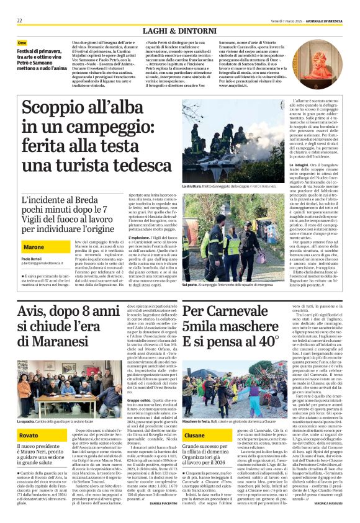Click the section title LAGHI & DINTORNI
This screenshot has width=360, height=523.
(179, 30)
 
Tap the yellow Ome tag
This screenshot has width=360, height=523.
(22, 43)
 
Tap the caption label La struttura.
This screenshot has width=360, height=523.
(191, 186)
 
